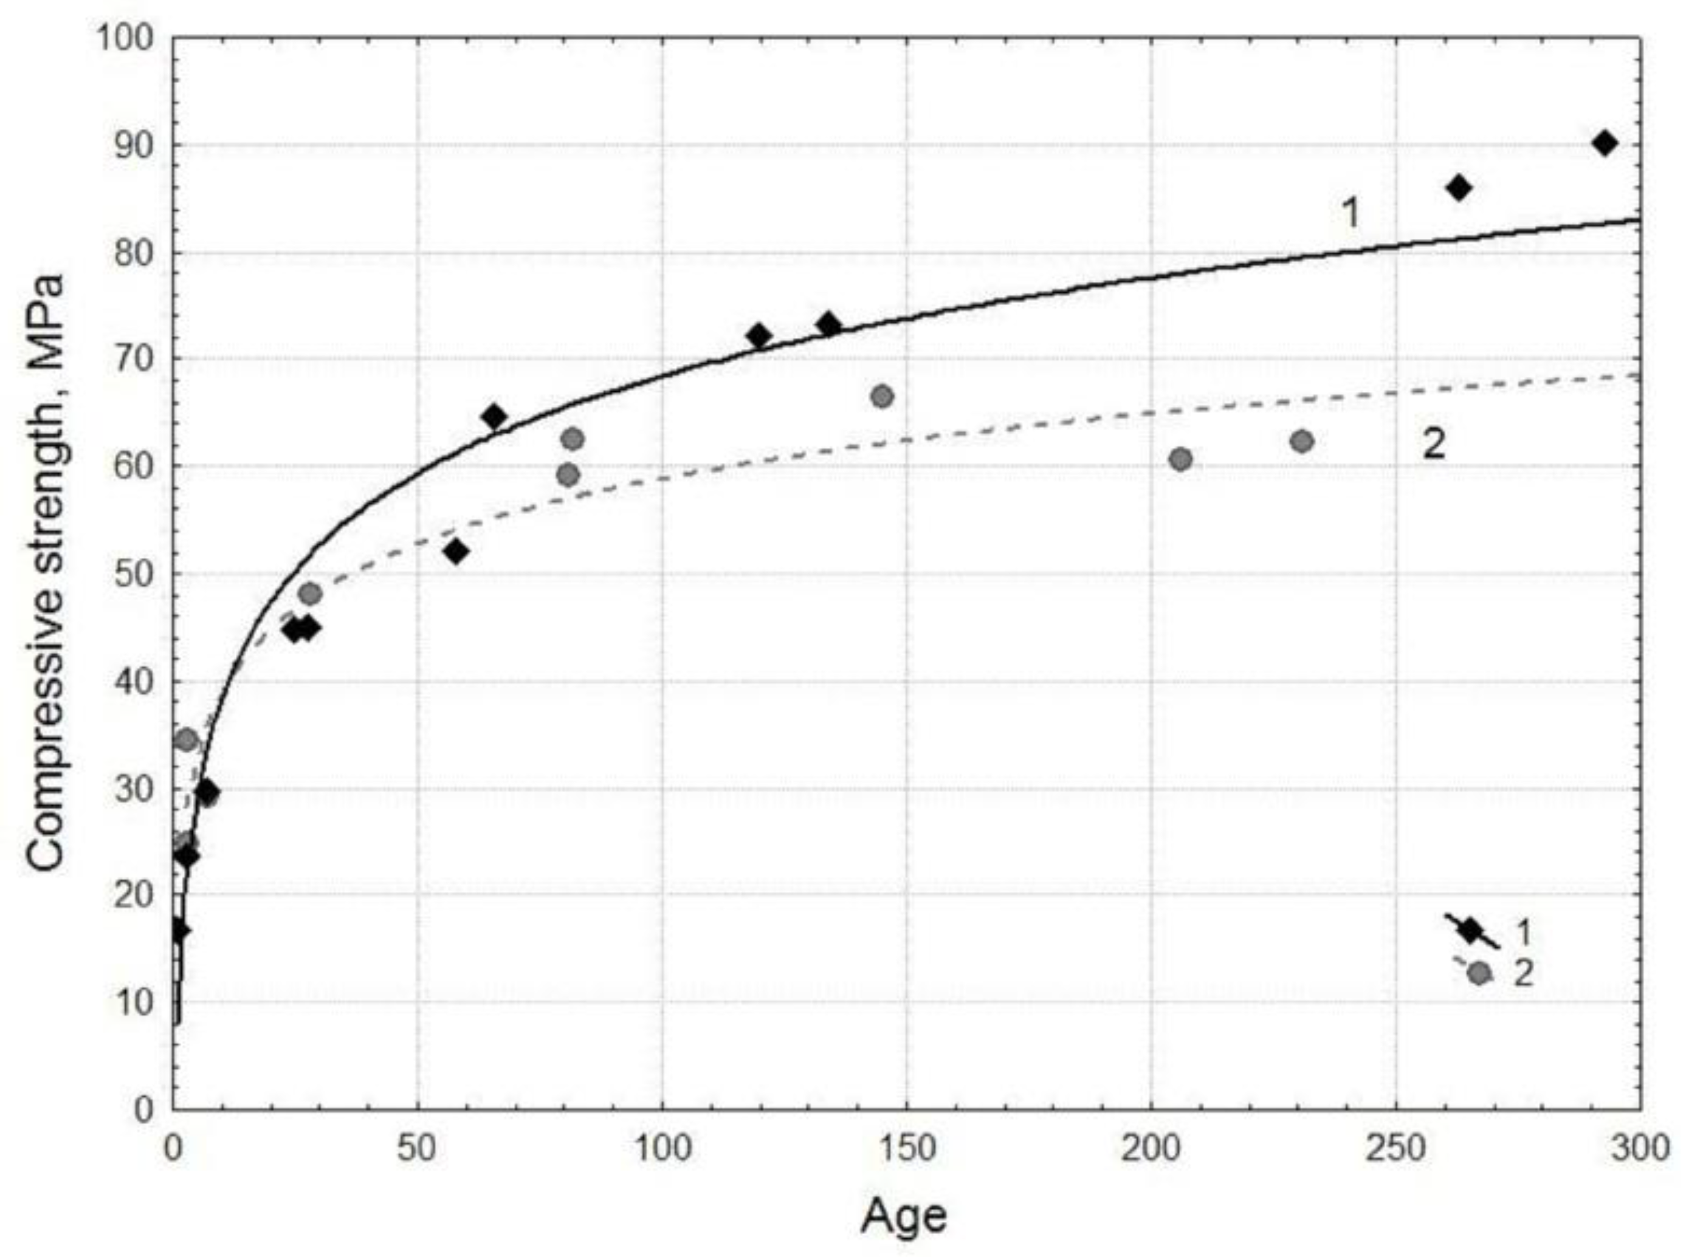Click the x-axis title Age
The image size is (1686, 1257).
tap(904, 1215)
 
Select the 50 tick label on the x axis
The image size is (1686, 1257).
tap(417, 1148)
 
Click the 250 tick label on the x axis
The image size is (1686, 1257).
tap(1395, 1148)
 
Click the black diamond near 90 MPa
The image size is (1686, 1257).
tap(1605, 143)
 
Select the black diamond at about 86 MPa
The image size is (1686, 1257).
tap(1459, 188)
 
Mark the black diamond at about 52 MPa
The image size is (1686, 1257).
tap(456, 552)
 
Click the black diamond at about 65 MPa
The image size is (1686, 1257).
tap(495, 416)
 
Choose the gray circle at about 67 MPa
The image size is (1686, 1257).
tap(882, 397)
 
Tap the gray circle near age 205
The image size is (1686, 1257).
tap(1180, 459)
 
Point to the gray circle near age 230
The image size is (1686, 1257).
tap(1302, 441)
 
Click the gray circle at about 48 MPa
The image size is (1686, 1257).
tap(310, 593)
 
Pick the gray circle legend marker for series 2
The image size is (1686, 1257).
tap(1478, 973)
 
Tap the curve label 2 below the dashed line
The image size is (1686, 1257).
tap(1434, 444)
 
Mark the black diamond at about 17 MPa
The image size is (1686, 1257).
tap(180, 930)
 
